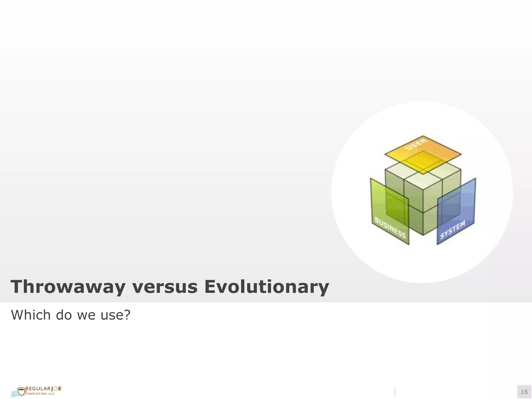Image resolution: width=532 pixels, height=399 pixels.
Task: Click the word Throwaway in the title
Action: point(68,287)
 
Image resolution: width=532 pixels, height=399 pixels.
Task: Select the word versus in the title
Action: point(165,287)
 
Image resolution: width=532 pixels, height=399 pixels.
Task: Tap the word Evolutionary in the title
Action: point(267,287)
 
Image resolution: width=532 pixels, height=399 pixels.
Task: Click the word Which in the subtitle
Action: point(31,315)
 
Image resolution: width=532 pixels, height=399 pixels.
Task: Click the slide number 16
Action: point(524,392)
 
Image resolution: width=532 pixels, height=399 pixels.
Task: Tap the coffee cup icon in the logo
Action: point(22,391)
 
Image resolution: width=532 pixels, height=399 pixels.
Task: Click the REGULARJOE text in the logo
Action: point(44,389)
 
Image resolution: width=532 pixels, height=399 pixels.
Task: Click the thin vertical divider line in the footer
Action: point(395,392)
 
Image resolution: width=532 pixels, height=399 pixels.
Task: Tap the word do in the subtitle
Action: point(63,315)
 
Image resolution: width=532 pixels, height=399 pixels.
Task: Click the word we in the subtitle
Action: point(87,315)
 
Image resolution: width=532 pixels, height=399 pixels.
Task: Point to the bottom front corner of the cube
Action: point(423,235)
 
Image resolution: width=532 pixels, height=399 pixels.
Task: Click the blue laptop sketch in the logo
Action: point(15,394)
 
